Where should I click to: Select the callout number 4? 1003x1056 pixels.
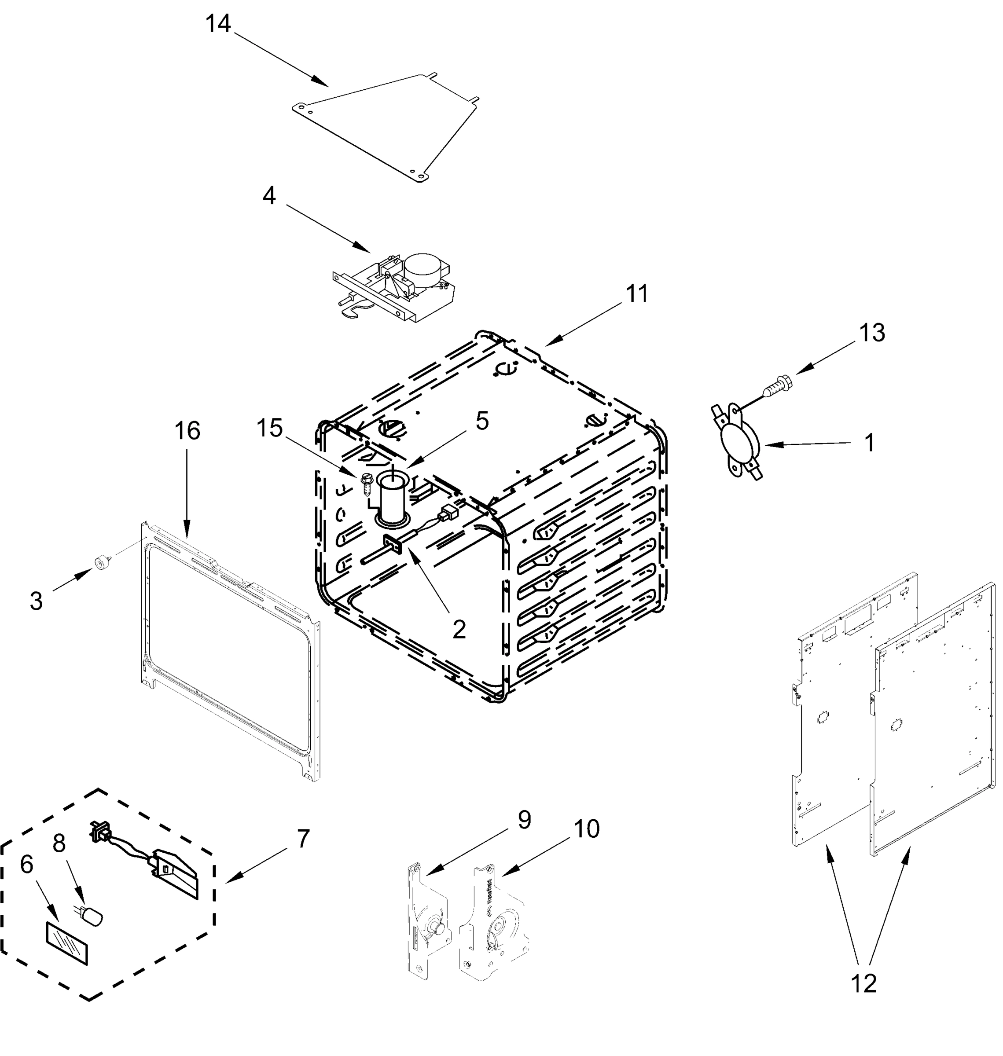pyautogui.click(x=269, y=196)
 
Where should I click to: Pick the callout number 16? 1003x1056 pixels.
pyautogui.click(x=187, y=431)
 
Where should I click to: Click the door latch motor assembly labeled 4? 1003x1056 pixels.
pyautogui.click(x=396, y=289)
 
